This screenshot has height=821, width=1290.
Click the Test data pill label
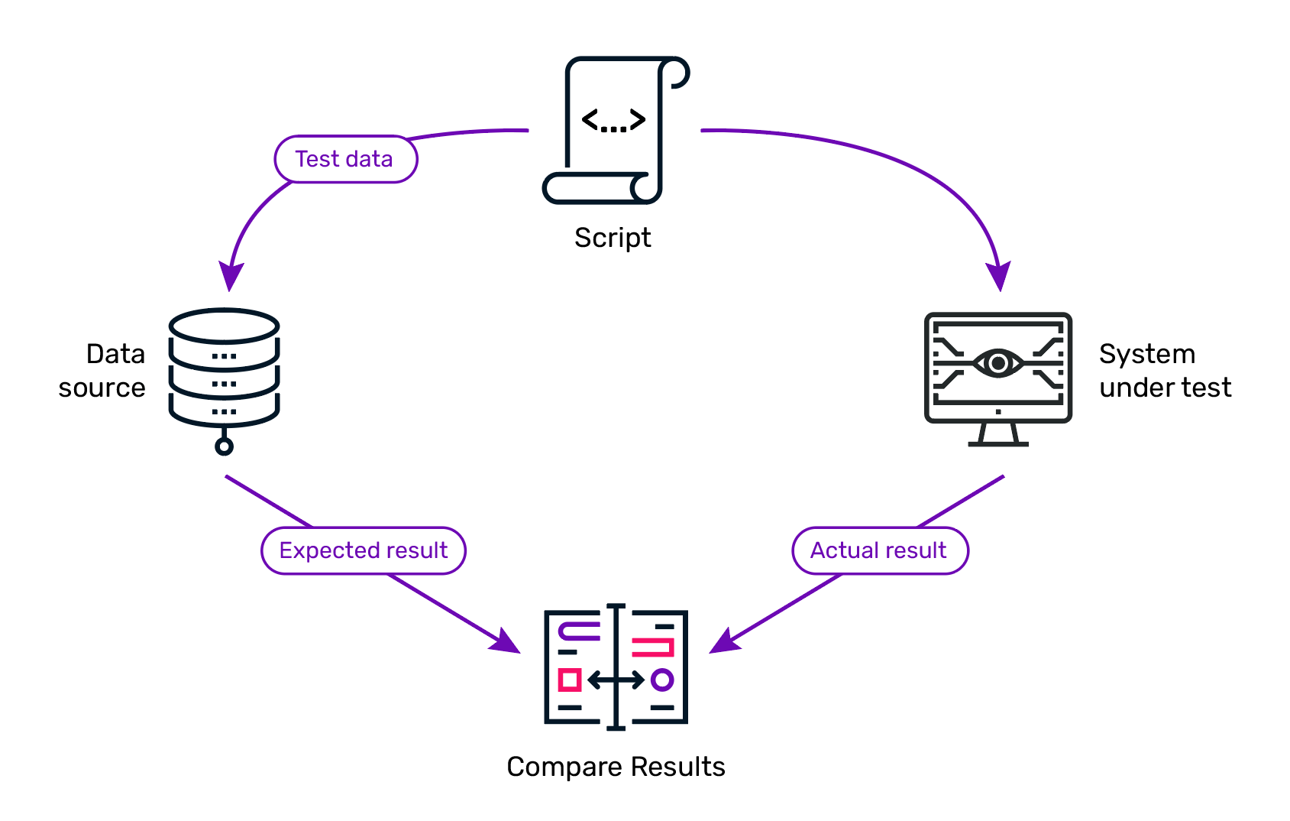tap(346, 159)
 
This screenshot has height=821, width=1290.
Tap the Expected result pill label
tap(364, 550)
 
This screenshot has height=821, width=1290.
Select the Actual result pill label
tap(881, 550)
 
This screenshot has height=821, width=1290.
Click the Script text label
tap(613, 238)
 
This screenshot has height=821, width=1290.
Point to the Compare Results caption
tap(616, 767)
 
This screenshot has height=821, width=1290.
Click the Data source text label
tap(102, 370)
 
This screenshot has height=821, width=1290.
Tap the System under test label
tap(1165, 370)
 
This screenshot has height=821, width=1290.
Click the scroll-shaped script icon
tap(616, 130)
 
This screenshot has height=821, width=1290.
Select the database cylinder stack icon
tap(224, 381)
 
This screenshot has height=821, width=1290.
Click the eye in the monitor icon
tap(998, 363)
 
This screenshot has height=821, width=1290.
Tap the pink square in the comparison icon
tap(570, 680)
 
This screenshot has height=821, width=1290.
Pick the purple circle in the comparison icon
tap(662, 680)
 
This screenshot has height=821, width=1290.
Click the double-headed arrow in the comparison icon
tap(616, 680)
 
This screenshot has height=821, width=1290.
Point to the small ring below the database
tap(224, 446)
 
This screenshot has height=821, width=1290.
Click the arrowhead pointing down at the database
tap(230, 277)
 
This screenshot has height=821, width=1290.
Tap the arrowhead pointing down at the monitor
tap(999, 277)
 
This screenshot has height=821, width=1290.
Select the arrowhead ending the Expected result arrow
tap(507, 641)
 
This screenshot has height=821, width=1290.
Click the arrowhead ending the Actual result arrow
tap(723, 641)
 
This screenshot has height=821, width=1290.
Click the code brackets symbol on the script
tap(614, 120)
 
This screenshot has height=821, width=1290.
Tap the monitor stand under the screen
tap(998, 435)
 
